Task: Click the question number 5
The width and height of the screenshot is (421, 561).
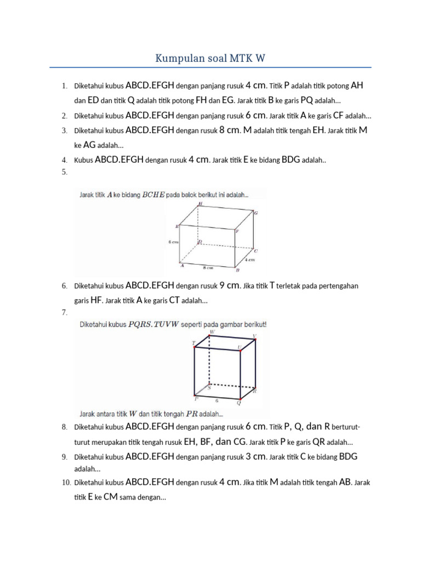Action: click(x=64, y=172)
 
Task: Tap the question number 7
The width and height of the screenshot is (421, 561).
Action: click(x=64, y=312)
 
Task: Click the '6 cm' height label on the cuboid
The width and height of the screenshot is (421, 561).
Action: click(x=174, y=241)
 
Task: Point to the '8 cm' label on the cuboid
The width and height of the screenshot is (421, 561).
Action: click(x=207, y=268)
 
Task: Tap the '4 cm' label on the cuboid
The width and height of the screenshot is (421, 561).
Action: click(x=249, y=260)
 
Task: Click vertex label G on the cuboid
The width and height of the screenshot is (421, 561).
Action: click(x=255, y=213)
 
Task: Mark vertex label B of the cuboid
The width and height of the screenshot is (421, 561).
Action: click(x=237, y=270)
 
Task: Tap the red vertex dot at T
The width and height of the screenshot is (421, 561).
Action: click(x=194, y=347)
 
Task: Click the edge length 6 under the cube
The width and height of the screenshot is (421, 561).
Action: click(x=217, y=400)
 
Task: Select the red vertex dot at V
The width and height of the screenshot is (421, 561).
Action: click(x=255, y=339)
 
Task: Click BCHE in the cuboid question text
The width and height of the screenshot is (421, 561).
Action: click(x=153, y=194)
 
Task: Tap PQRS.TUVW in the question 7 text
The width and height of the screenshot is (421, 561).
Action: click(x=153, y=324)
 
